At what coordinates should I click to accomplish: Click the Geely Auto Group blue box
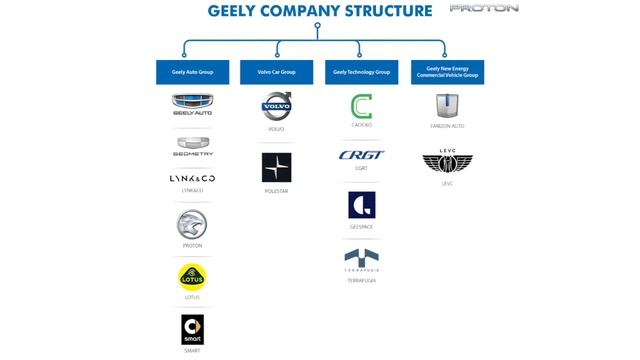[192, 72]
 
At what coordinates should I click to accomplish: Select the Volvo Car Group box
[277, 72]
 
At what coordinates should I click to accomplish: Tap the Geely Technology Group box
[362, 72]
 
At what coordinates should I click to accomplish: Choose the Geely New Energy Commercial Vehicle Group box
[447, 72]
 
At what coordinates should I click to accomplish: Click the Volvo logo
[277, 106]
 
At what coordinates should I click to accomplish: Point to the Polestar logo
[277, 167]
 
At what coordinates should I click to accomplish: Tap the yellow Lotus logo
[192, 276]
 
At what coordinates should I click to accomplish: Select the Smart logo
[192, 328]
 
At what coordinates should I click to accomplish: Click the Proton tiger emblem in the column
[192, 223]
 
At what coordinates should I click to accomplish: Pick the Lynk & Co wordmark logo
[192, 178]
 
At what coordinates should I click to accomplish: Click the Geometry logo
[192, 146]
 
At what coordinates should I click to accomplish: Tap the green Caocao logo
[362, 106]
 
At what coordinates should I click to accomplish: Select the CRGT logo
[362, 155]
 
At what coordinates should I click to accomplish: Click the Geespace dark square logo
[362, 205]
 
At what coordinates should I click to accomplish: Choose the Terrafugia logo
[362, 258]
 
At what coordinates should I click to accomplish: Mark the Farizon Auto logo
[447, 106]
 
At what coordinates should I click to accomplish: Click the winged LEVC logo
[447, 160]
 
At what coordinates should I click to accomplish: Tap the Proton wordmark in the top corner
[483, 8]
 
